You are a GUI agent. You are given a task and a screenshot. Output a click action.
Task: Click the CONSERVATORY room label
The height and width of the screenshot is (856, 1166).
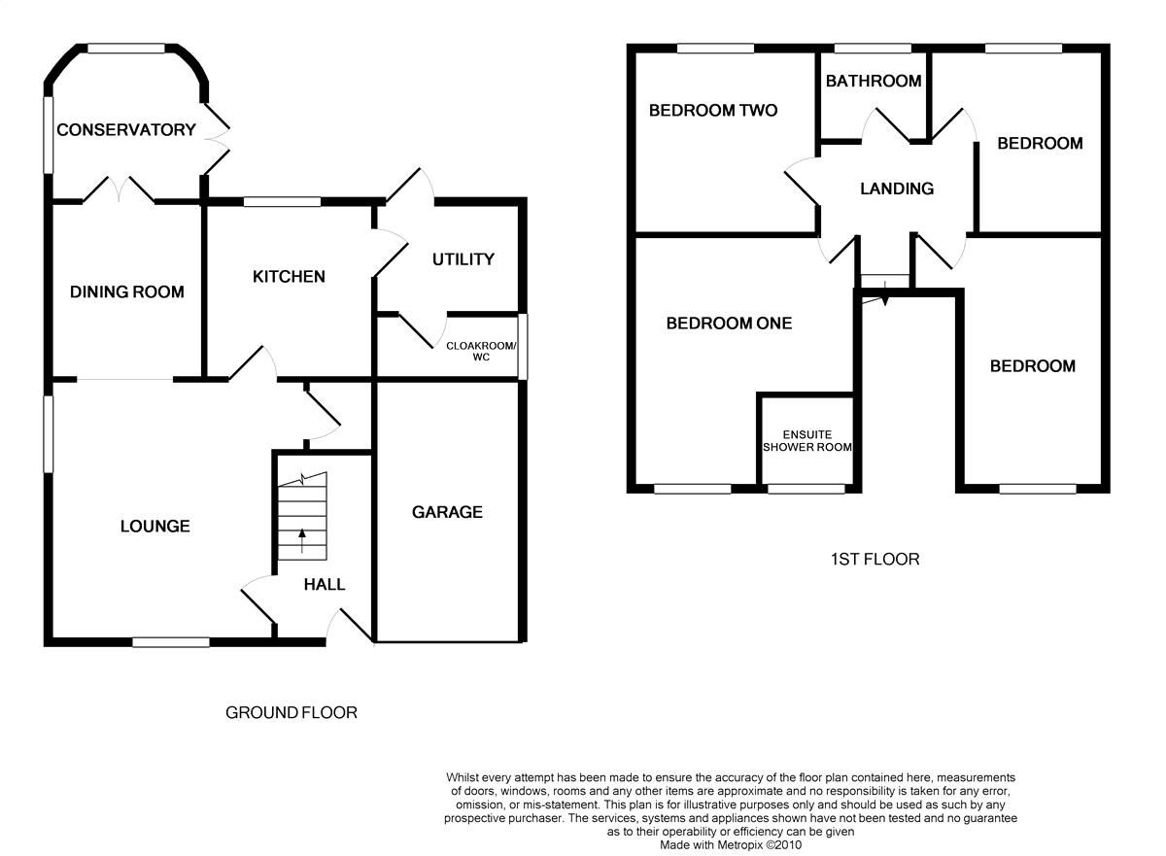[x=126, y=130]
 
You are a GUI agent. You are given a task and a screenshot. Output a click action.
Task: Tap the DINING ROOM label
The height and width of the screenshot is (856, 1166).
[x=126, y=291]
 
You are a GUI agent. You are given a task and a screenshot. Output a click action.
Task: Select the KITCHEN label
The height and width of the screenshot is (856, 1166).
[x=289, y=277]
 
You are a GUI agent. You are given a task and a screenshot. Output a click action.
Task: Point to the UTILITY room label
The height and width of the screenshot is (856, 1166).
[x=463, y=259]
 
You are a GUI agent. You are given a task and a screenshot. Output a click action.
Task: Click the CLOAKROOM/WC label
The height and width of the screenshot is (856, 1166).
[x=481, y=351]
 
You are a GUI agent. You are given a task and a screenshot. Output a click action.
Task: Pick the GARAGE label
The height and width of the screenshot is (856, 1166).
[x=447, y=512]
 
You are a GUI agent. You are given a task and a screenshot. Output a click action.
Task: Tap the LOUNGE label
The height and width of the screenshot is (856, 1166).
[x=154, y=527]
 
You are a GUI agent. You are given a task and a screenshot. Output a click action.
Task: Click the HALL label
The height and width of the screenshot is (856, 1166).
[x=325, y=584]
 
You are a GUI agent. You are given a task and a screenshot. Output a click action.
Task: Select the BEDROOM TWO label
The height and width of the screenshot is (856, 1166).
[x=713, y=111]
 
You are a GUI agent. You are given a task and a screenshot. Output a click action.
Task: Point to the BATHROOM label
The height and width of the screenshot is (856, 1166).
[x=874, y=82]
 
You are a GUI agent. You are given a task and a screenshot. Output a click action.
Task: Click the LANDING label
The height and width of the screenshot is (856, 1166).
[x=897, y=188]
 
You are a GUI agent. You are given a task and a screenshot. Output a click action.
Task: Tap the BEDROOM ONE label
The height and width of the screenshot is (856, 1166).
[x=729, y=324]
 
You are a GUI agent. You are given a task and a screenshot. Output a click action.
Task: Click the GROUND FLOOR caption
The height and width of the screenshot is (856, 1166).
[x=291, y=713]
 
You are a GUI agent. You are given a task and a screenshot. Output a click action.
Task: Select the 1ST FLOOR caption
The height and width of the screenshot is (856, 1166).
[x=874, y=560]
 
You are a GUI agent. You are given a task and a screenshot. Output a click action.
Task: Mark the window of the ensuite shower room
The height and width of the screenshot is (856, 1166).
[x=806, y=489]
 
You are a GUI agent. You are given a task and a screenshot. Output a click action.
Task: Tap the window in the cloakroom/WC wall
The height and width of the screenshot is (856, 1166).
[x=522, y=347]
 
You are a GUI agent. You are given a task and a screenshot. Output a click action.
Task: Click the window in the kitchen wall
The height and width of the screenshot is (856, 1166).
[x=282, y=202]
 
